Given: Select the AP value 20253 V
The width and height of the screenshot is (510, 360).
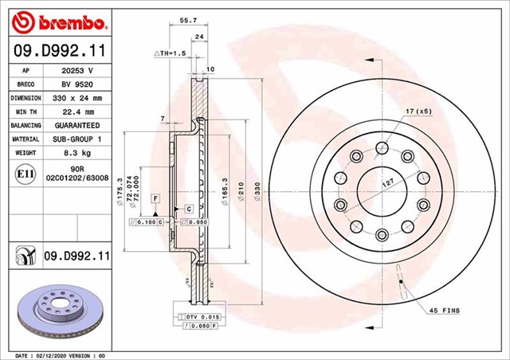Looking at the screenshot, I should tap(77, 70).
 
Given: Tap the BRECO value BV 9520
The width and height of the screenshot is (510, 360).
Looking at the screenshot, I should tap(77, 84).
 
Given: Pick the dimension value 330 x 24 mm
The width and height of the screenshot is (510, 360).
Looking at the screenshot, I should tap(77, 98).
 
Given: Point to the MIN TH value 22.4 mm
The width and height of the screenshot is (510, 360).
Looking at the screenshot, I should tap(77, 112).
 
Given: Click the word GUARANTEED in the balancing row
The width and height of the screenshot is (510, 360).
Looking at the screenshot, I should tap(77, 126).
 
